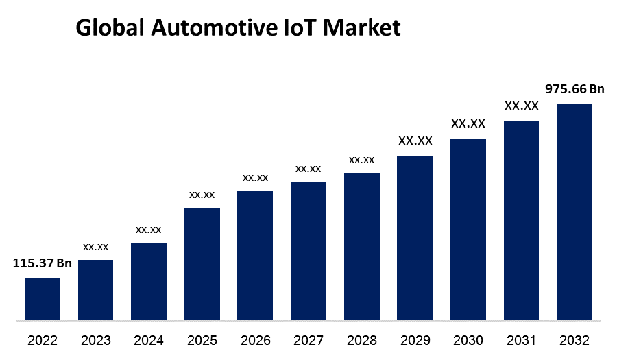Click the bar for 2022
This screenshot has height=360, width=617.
[x=43, y=299]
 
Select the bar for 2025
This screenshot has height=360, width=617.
[x=202, y=264]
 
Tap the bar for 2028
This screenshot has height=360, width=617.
[x=362, y=246]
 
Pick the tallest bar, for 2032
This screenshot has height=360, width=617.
[x=574, y=212]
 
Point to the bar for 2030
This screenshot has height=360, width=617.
[x=468, y=229]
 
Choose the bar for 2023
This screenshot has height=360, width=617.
[x=95, y=290]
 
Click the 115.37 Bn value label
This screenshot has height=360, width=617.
[x=43, y=263]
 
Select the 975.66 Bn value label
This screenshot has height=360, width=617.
[x=574, y=89]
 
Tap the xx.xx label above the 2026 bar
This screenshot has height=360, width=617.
[x=255, y=178]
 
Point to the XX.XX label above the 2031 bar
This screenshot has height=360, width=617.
[x=522, y=106]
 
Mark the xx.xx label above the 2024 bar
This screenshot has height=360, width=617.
[x=149, y=229]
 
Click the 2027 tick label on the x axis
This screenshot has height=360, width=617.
[x=308, y=340]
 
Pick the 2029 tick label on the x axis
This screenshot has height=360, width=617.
[x=415, y=340]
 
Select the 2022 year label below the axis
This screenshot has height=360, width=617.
[x=43, y=340]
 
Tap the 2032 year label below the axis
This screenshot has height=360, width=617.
[x=574, y=340]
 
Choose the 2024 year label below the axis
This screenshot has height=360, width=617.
[x=149, y=340]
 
